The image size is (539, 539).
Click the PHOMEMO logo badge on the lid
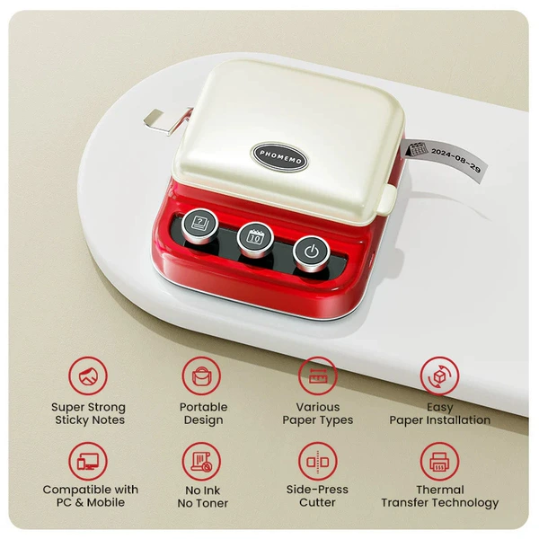click(x=280, y=156)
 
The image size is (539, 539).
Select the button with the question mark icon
click(x=199, y=225)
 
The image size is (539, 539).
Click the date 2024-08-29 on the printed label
click(x=455, y=159)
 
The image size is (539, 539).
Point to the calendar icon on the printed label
click(x=417, y=149)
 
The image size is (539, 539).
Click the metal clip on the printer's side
click(x=165, y=120)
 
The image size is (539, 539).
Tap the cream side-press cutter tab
click(x=387, y=199)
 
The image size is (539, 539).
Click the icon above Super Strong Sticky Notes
click(x=88, y=376)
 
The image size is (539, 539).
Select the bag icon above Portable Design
click(x=201, y=376)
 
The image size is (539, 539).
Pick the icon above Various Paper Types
click(x=318, y=376)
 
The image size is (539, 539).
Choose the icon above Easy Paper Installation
click(x=439, y=376)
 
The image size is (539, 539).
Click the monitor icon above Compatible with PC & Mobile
click(x=88, y=462)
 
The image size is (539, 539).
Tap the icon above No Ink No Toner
click(x=201, y=462)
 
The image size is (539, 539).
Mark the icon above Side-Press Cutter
click(x=318, y=462)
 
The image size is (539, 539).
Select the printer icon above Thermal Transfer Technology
click(x=439, y=462)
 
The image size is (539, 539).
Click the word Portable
click(x=204, y=407)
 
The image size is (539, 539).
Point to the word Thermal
click(x=440, y=490)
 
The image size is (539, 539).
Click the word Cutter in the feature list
click(x=317, y=502)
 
